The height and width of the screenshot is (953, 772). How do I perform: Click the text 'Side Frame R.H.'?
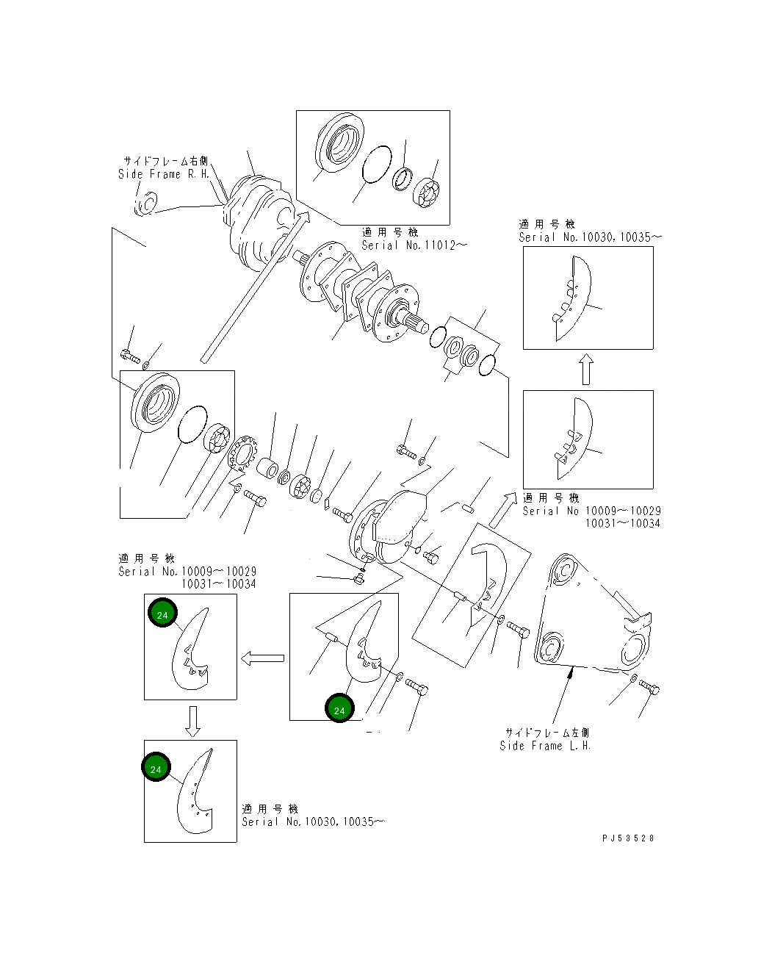point(164,174)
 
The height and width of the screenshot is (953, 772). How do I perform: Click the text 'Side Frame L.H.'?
point(545,746)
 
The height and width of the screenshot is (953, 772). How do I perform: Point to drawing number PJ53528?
point(628,838)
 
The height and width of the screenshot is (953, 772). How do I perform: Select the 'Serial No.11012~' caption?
point(414,245)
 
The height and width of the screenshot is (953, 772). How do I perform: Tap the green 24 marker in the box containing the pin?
point(339,709)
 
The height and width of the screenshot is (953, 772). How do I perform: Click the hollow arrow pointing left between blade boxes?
point(263,658)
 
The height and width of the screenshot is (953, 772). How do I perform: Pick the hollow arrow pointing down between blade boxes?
point(192,721)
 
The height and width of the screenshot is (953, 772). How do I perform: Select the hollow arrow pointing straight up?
point(585,370)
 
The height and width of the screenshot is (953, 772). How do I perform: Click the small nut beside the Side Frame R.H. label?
point(145,204)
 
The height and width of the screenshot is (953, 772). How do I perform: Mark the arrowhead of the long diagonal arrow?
point(303,215)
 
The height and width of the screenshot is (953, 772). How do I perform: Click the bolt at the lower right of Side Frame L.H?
point(649,688)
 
